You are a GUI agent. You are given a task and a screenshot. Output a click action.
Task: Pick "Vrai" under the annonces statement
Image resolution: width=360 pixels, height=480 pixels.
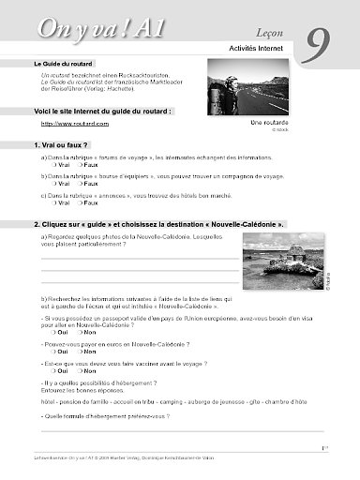[58, 202]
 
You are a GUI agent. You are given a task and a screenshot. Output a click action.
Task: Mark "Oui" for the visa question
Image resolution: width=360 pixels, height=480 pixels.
[58, 332]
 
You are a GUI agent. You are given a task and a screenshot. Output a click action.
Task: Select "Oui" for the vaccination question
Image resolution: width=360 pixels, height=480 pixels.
[58, 369]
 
